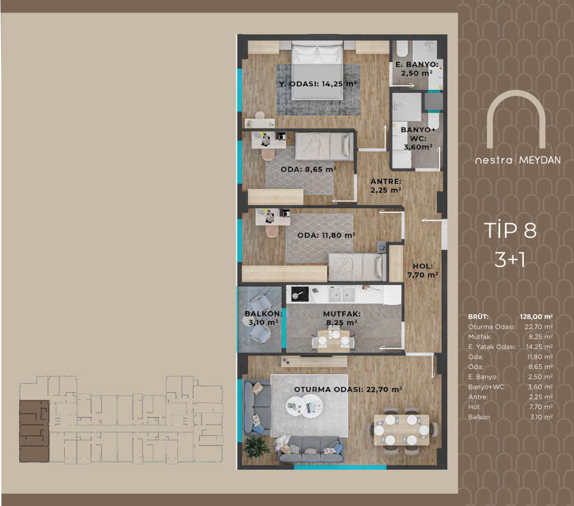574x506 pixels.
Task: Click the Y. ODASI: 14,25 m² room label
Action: (318, 84)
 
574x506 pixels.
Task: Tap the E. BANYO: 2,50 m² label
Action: (417, 69)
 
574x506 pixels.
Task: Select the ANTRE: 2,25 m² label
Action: (386, 186)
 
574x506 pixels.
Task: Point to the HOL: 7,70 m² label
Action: (423, 270)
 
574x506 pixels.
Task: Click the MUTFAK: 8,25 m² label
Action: (342, 318)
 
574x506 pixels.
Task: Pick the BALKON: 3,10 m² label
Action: (263, 318)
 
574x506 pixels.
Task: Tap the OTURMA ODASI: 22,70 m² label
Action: (348, 390)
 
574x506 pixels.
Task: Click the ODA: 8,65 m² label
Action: (308, 170)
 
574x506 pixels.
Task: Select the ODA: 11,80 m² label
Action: (326, 235)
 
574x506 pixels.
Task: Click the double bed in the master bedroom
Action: (317, 70)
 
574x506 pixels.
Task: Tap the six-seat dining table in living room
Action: (401, 430)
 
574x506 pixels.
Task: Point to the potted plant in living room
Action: (257, 446)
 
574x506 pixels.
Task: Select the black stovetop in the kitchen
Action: (300, 294)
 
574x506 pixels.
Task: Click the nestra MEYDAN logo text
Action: (517, 160)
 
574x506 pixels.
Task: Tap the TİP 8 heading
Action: (510, 230)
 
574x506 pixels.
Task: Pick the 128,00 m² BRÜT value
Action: (536, 317)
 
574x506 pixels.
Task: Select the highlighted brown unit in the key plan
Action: (34, 431)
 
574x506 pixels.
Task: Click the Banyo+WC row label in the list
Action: (487, 387)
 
